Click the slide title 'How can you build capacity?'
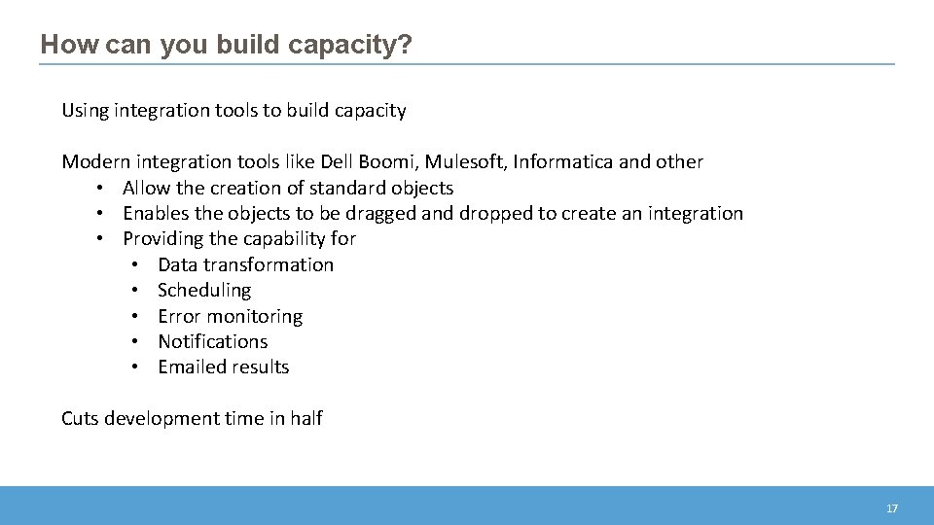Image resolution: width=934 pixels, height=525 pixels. coord(227,45)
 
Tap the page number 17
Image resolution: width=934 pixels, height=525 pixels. coord(891,508)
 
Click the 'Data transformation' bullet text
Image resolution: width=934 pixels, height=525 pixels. coord(245,264)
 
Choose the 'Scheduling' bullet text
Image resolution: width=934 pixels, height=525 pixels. coord(204,290)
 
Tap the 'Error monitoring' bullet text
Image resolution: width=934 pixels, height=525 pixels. coord(230,316)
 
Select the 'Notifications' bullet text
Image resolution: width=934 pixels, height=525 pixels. coord(212,341)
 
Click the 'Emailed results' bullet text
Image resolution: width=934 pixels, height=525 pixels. coord(223,367)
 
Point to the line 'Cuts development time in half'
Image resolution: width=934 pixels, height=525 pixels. coord(192,418)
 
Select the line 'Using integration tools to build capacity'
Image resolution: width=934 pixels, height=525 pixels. coord(233,110)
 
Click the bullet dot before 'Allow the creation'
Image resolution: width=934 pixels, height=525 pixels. coord(100,188)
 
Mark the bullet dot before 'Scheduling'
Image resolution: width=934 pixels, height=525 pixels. coord(135,290)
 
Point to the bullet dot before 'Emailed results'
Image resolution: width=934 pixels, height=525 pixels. coord(135,367)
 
